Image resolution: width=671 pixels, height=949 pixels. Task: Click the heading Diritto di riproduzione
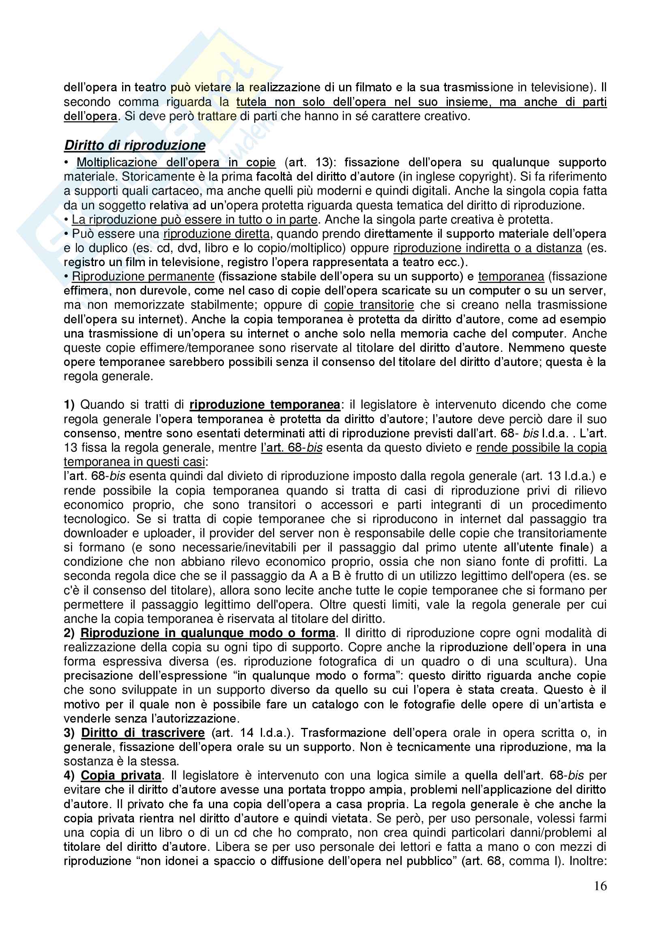(135, 145)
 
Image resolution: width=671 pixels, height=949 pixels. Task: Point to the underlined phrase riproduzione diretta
(217, 234)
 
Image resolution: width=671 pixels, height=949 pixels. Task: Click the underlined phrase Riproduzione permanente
(143, 276)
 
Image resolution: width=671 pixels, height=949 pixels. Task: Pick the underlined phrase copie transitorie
(368, 305)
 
